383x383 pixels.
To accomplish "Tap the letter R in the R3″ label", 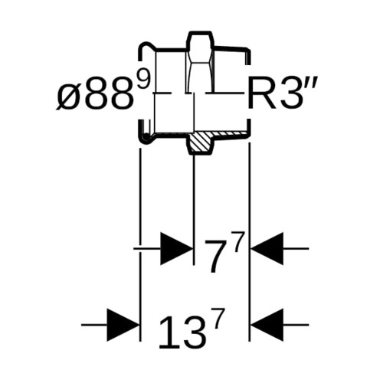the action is click(261, 95).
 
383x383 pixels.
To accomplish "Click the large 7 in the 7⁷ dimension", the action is click(214, 256).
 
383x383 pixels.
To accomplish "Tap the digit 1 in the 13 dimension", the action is click(167, 332).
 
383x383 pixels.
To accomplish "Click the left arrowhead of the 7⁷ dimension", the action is click(176, 248).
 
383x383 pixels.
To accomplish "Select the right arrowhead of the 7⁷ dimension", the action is click(267, 248).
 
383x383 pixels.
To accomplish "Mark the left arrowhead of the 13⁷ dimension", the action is click(123, 325).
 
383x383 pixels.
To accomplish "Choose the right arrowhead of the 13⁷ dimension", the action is click(267, 325).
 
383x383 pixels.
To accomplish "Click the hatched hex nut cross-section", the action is click(201, 143).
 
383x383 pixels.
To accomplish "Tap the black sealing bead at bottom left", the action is click(146, 137).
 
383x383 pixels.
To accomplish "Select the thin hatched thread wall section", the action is click(231, 133).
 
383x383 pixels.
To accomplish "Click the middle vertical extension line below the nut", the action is click(195, 210).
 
